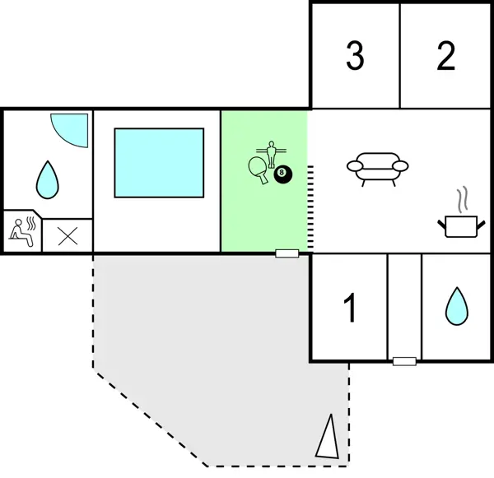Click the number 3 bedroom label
(x=355, y=56)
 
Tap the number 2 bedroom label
(x=445, y=56)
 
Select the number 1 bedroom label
(x=350, y=309)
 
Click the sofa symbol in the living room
(x=377, y=167)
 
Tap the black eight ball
(x=283, y=174)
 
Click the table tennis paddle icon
(x=257, y=169)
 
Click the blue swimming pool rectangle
(x=159, y=162)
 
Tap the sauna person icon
(x=22, y=232)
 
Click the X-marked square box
(x=68, y=236)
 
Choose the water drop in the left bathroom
(x=48, y=177)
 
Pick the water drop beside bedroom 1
(x=455, y=306)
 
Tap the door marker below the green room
(x=287, y=253)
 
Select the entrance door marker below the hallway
(x=403, y=361)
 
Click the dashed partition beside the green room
(x=311, y=206)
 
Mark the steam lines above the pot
(x=463, y=199)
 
